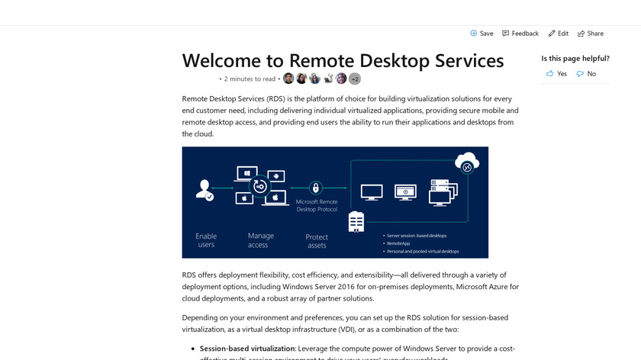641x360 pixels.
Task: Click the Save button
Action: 482,34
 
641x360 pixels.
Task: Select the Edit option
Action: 558,34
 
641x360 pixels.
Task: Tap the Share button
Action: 591,34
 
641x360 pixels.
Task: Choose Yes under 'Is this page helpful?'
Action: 556,74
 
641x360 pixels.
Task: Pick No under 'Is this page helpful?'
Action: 586,74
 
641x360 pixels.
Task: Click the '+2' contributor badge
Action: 355,79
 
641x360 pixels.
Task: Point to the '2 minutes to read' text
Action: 250,79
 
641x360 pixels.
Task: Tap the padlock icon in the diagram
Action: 316,188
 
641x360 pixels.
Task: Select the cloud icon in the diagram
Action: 466,162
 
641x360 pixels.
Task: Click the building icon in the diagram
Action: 356,221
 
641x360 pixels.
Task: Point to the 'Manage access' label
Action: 258,240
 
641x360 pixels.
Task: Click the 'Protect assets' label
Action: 317,241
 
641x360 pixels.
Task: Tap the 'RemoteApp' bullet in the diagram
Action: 399,243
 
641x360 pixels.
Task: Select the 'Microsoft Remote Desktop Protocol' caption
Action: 316,205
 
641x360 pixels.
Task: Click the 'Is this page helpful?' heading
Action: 575,59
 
